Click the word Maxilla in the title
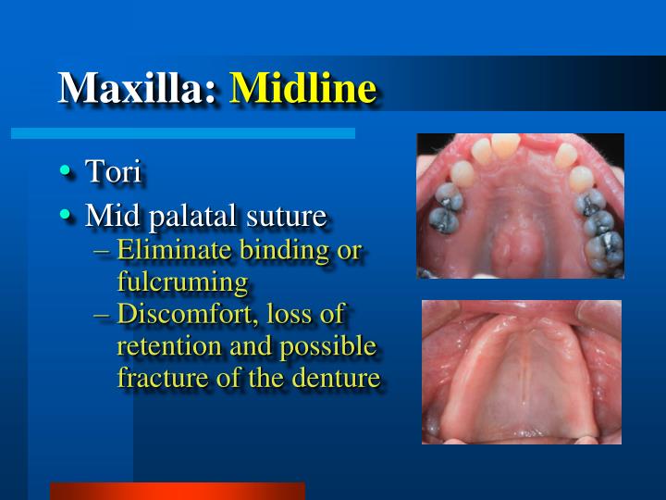(138, 88)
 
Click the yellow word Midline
(302, 88)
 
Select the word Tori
(112, 171)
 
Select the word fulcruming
(182, 281)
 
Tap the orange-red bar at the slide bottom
(177, 491)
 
